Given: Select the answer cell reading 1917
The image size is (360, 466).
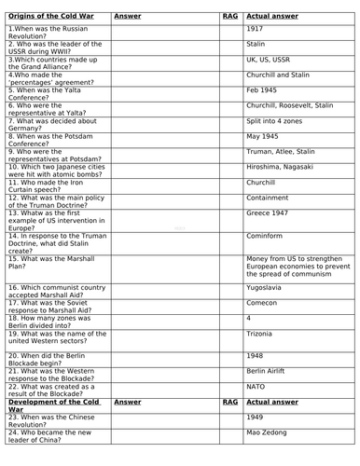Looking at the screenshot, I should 256,29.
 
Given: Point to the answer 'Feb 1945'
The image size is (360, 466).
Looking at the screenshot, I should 264,90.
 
